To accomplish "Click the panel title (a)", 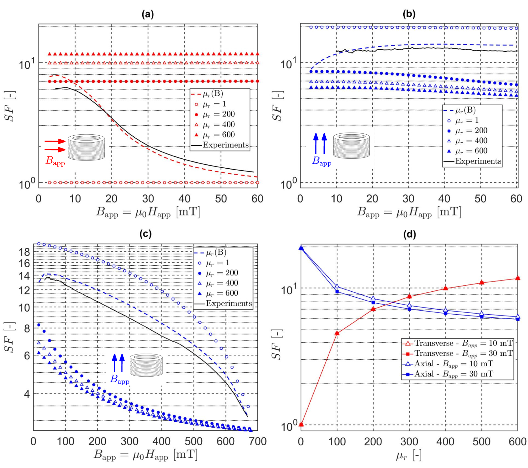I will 148,14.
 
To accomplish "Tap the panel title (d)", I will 410,235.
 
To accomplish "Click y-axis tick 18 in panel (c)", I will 24,252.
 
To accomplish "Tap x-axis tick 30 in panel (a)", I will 148,199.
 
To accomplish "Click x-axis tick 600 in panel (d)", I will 517,442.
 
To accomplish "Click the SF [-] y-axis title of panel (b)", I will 278,106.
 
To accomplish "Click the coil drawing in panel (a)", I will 86,147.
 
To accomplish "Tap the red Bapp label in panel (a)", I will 55,161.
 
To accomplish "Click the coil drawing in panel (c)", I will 146,365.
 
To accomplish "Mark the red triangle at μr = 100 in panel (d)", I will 337,333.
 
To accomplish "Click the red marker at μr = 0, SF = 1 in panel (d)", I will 301,424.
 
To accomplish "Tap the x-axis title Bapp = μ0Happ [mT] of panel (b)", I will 409,212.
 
